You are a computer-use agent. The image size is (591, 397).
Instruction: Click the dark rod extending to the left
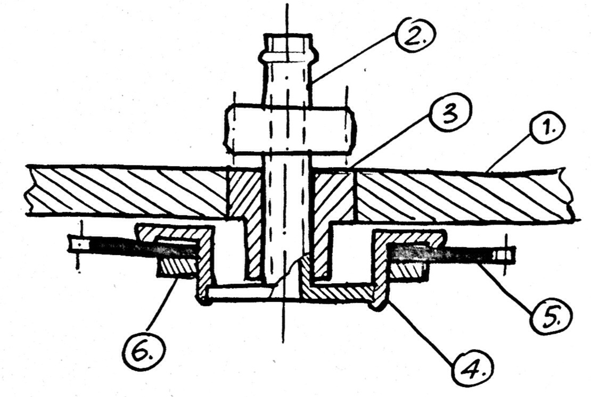(x=122, y=248)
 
